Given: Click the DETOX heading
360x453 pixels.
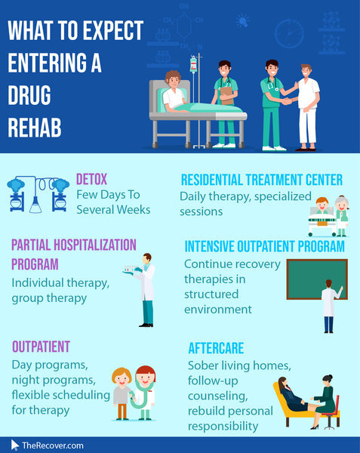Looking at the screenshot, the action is click(x=91, y=179).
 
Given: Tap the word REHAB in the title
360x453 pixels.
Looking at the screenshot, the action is click(x=35, y=127).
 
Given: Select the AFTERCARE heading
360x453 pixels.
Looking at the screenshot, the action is click(x=216, y=348).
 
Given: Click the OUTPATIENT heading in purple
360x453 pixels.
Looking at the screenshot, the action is click(x=41, y=347).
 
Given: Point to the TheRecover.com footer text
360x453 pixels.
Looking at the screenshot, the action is click(x=53, y=445).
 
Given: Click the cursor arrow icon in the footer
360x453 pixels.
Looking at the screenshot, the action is click(x=14, y=445).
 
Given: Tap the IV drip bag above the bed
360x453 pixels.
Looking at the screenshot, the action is click(x=193, y=64).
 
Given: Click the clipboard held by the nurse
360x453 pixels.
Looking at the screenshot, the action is click(x=227, y=95).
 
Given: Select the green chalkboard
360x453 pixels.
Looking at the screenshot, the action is click(x=317, y=279).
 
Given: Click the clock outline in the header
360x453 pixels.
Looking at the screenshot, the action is click(x=289, y=33).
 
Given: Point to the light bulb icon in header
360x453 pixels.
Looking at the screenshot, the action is click(x=242, y=21).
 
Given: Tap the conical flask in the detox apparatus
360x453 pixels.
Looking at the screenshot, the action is click(x=35, y=205).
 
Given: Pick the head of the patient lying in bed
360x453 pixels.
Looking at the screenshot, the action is click(x=173, y=79).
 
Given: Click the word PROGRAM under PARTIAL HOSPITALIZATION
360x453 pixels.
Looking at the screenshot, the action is click(x=35, y=264).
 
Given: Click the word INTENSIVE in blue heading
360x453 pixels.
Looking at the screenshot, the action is click(x=209, y=246).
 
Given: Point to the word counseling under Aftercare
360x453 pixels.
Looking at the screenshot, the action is click(x=217, y=396).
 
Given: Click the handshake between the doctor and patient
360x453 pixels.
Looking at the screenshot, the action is click(x=287, y=101).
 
